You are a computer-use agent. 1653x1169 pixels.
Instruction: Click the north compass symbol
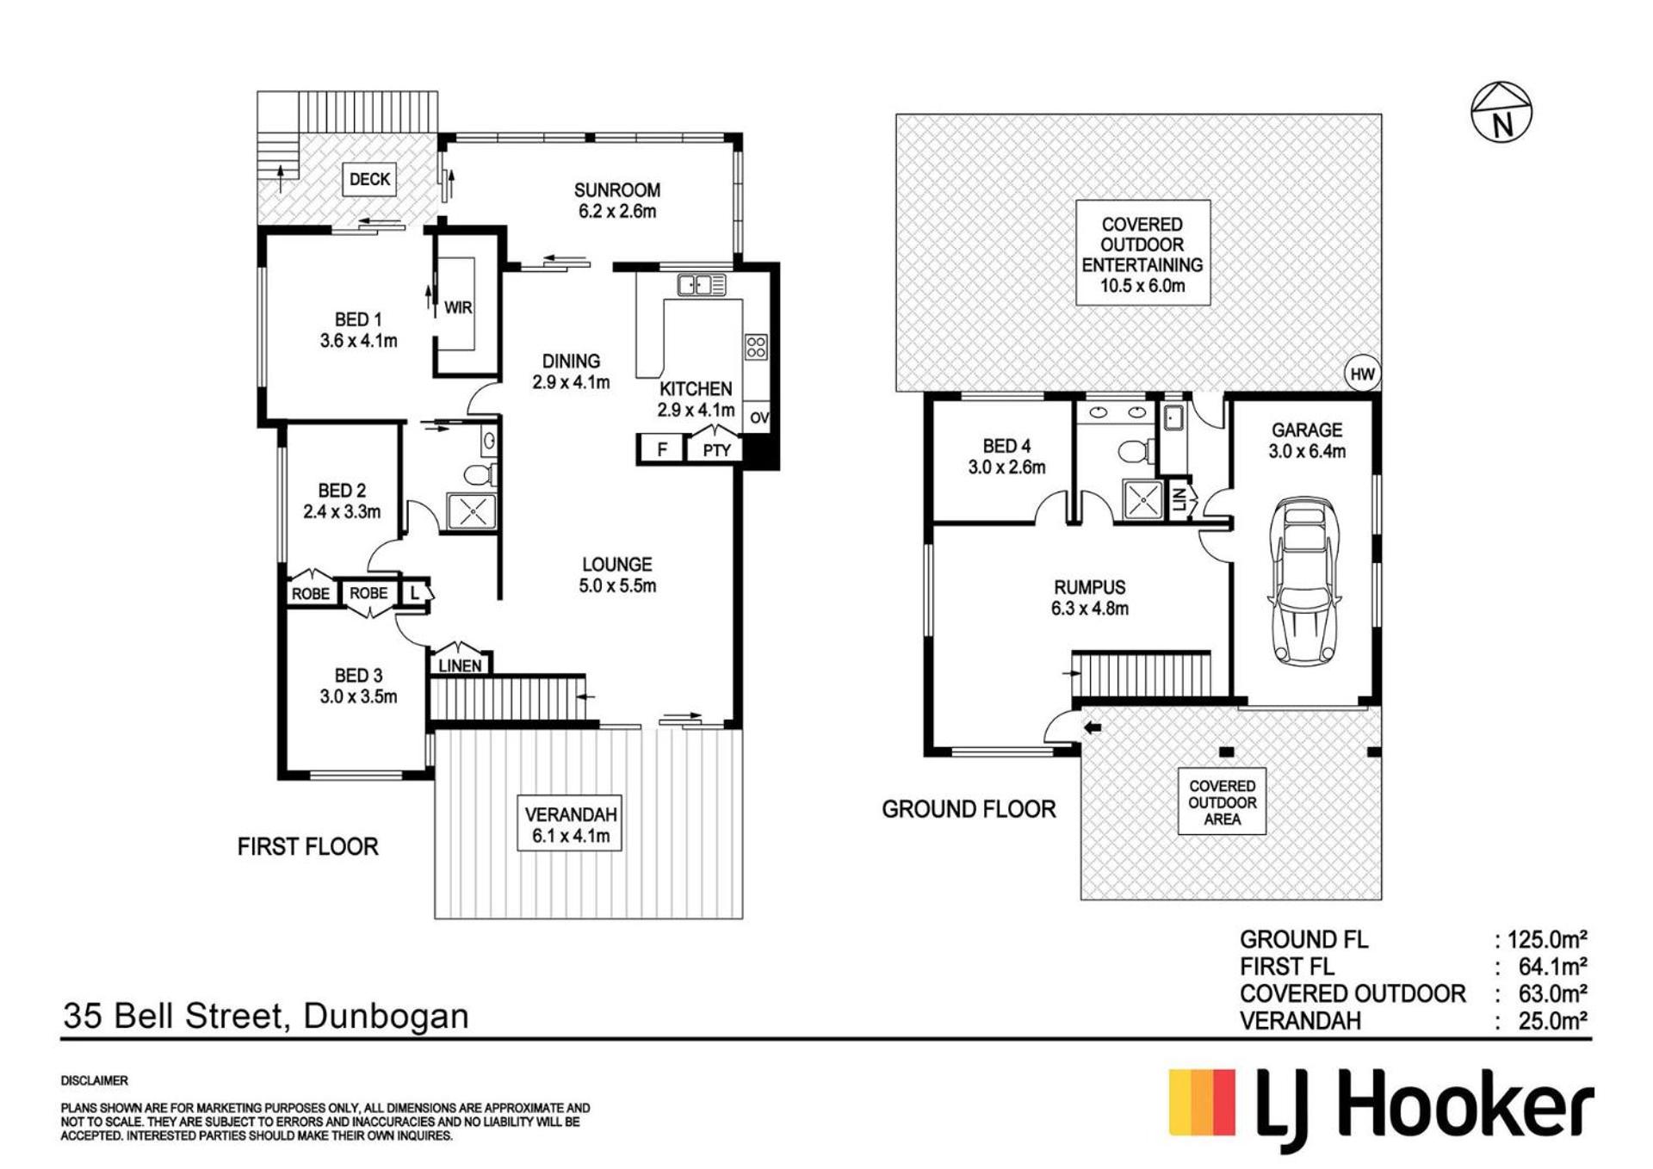click(1501, 112)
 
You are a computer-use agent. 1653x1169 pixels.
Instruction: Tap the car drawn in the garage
click(1306, 581)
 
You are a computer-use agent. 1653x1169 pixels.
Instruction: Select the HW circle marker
click(1362, 374)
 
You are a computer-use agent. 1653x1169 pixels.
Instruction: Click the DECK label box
click(369, 179)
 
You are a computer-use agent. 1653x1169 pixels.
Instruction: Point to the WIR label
click(458, 307)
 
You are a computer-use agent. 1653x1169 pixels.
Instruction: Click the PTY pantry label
click(716, 449)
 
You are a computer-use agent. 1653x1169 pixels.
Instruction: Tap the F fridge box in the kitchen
click(662, 449)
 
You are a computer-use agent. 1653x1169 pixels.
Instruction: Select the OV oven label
click(758, 418)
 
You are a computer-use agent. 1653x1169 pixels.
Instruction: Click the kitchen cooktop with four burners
click(756, 347)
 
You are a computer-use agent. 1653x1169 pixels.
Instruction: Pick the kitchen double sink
click(702, 284)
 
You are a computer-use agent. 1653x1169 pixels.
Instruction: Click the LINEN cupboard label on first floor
click(460, 665)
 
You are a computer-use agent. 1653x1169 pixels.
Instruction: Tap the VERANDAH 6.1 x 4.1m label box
click(570, 824)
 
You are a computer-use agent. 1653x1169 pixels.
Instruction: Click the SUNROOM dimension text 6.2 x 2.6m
click(617, 212)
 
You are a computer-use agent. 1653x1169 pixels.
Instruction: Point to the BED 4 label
click(1006, 446)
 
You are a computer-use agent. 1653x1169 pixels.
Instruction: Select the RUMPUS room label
click(1090, 587)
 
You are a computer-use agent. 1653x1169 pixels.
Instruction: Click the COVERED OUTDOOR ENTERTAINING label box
click(1142, 253)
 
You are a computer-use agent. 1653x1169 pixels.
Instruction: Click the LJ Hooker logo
click(1381, 1108)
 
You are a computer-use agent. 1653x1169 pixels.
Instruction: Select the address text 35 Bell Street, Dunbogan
click(266, 1017)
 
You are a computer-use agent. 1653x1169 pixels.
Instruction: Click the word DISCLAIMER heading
click(94, 1080)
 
